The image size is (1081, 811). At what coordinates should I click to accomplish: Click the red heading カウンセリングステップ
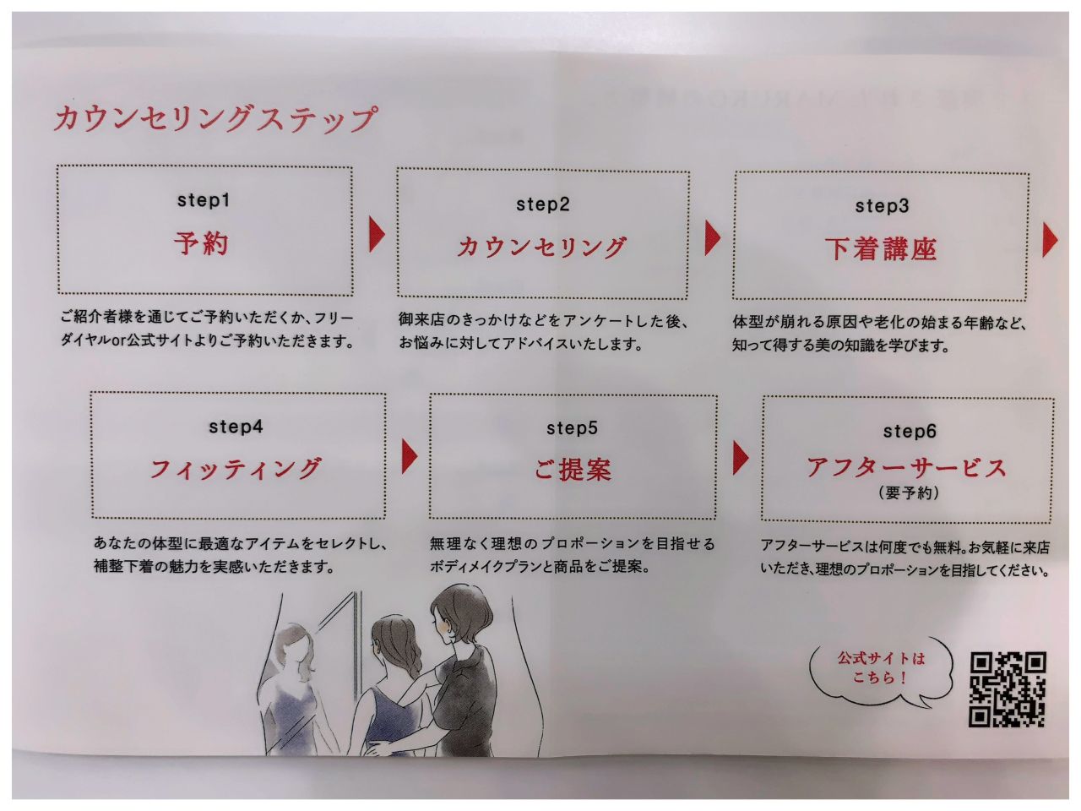click(x=215, y=118)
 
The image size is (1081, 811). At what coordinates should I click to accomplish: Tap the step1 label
click(x=204, y=200)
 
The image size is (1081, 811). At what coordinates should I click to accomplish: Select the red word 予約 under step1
click(x=201, y=243)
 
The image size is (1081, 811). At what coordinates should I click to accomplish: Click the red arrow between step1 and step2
click(x=377, y=235)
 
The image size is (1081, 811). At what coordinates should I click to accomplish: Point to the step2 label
click(x=543, y=204)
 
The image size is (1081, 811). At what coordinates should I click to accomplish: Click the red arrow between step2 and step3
click(x=713, y=238)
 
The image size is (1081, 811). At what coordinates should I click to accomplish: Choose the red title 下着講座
click(x=881, y=248)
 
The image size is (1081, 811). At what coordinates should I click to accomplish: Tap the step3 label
click(x=882, y=206)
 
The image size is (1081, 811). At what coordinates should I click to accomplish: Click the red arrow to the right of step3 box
click(x=1051, y=240)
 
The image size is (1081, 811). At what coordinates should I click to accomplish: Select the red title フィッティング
click(x=236, y=468)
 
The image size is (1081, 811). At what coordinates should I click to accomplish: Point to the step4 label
click(x=236, y=427)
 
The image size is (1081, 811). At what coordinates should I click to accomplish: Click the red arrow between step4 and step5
click(x=410, y=456)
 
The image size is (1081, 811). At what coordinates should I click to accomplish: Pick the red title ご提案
click(x=573, y=469)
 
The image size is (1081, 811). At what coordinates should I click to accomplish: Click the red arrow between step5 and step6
click(x=741, y=458)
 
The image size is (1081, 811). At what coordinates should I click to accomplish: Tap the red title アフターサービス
click(x=906, y=467)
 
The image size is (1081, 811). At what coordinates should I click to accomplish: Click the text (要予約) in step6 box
click(x=909, y=493)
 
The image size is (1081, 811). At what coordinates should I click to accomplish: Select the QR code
click(x=1008, y=689)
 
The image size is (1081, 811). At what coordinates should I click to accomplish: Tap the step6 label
click(x=909, y=432)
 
